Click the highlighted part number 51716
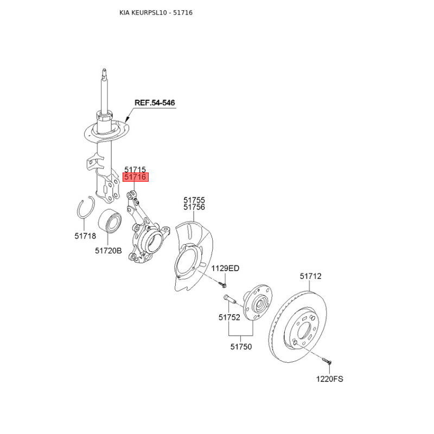(136, 177)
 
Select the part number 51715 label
(136, 170)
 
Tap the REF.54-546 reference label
(155, 103)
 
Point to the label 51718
(85, 236)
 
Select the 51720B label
(108, 251)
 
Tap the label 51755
(194, 200)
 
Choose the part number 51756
(194, 207)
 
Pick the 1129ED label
(225, 269)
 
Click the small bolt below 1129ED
(224, 283)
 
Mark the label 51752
(229, 318)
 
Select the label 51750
(241, 347)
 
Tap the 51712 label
(311, 276)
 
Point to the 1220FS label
(330, 379)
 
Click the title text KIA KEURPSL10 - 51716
(156, 12)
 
